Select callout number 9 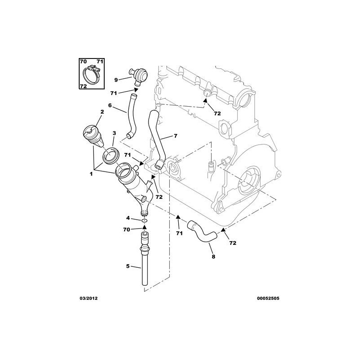[x=116, y=80]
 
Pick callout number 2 [x=102, y=112]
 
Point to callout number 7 [x=175, y=135]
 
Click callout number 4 [x=128, y=218]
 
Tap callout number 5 [x=127, y=266]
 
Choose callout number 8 [x=213, y=256]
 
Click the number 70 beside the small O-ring [x=127, y=229]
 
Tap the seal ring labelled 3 [x=110, y=154]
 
